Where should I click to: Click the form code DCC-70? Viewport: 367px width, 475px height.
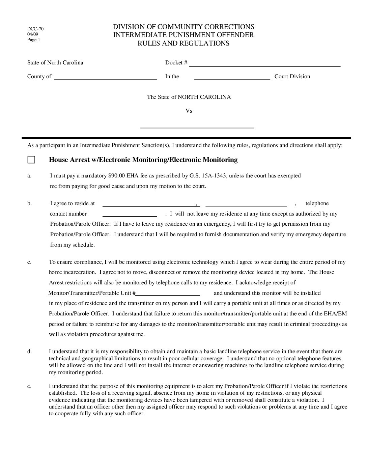coord(35,29)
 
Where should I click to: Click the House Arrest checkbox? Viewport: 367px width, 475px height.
coord(31,160)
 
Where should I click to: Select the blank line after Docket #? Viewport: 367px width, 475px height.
coord(264,65)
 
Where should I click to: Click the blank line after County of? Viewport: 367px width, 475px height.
coord(105,78)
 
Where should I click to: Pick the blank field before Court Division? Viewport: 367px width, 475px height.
coord(232,78)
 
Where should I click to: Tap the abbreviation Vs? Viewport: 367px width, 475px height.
coord(189,111)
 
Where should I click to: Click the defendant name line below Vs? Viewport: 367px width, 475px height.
coord(197,127)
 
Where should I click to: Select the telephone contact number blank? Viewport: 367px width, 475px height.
coord(130,215)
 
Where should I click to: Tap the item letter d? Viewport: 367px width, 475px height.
coord(29,352)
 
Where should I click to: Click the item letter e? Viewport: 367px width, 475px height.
coord(29,386)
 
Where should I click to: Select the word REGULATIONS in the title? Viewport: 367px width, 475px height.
coord(204,43)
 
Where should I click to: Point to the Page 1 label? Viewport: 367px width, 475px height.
coord(34,39)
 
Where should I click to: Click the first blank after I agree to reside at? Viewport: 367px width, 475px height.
coord(149,205)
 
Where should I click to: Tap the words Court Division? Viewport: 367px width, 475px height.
coord(292,77)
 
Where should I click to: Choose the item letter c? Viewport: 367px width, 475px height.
coord(29,262)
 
